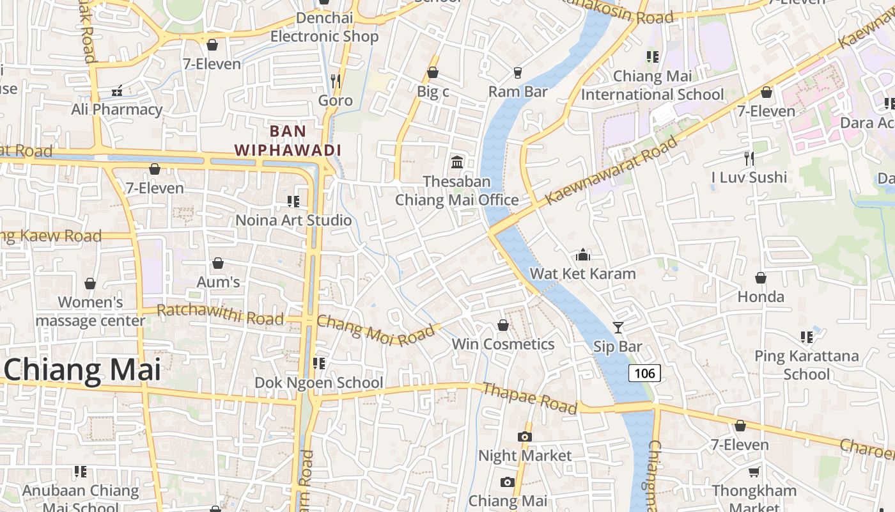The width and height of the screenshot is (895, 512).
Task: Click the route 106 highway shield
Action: (644, 372)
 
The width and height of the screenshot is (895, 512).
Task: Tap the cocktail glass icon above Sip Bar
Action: (618, 328)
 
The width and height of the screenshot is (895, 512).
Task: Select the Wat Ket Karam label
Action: (582, 274)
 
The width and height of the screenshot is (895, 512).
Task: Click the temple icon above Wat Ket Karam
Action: (582, 255)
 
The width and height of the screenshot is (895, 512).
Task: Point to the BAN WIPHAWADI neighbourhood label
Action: (288, 141)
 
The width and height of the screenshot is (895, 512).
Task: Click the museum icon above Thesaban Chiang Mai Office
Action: (457, 162)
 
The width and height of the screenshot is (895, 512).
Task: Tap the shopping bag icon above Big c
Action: (433, 72)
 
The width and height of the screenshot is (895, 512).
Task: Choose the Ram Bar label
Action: (518, 92)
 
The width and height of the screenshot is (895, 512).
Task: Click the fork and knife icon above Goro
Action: (335, 81)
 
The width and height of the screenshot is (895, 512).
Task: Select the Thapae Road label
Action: (530, 398)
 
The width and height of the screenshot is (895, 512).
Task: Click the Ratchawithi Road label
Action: (220, 314)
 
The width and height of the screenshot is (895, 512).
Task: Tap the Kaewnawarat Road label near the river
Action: (611, 171)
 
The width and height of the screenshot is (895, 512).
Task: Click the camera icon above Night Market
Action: (524, 436)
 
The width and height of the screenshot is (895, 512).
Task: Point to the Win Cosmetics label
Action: (503, 344)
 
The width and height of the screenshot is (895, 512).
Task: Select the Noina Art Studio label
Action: (293, 220)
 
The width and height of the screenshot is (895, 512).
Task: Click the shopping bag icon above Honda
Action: (761, 278)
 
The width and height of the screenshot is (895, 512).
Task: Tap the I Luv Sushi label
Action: (749, 177)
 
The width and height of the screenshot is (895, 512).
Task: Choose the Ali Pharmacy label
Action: (116, 109)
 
